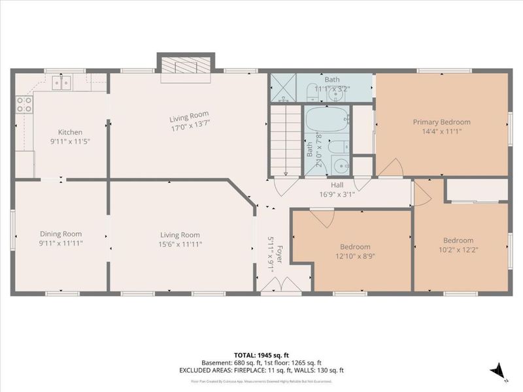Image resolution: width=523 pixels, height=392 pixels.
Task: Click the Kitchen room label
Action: tap(70, 132)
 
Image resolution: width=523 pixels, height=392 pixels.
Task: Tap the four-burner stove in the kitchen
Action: tap(24, 104)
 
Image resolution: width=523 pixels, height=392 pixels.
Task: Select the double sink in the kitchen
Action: tap(63, 83)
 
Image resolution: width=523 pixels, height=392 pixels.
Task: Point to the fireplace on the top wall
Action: tap(186, 65)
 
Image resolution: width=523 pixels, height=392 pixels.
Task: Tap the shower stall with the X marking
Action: tap(283, 88)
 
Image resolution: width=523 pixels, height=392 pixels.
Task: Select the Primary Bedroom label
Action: tap(441, 122)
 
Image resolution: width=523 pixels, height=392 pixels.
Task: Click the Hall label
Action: tap(336, 186)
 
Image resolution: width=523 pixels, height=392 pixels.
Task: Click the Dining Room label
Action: tap(61, 235)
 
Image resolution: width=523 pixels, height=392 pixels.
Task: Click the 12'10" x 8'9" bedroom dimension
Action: tap(355, 255)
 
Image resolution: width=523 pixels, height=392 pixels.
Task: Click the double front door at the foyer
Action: tap(272, 285)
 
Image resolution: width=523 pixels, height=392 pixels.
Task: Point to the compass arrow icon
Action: tap(499, 370)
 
